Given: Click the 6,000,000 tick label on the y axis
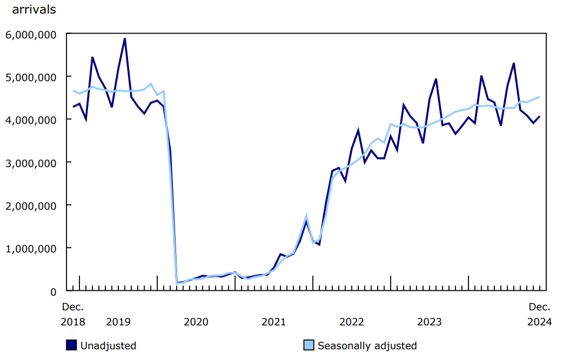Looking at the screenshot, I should pos(32,34).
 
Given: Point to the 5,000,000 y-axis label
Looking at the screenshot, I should pos(32,77).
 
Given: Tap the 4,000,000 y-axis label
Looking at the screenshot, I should pos(32,119).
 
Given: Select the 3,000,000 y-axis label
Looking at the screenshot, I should pos(32,163).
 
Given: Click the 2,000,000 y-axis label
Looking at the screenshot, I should pos(32,205).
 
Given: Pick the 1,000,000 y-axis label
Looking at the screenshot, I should pos(32,248).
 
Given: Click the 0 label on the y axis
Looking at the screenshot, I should pos(53,291).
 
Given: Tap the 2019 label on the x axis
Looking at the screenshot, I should pos(118,322).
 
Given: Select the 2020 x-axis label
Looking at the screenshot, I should pos(196,322).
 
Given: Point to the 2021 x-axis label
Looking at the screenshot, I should pos(273,322).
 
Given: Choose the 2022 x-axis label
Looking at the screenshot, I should pos(352,322).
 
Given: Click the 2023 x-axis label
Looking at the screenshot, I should pos(430,322).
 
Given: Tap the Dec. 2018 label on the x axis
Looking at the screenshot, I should pos(72,315).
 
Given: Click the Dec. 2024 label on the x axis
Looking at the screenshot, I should pos(539,315).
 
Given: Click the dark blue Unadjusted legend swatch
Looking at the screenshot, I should pos(71,345).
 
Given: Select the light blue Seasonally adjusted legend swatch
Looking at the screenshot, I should pos(309,345).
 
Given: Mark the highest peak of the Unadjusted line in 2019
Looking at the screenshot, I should pos(125,39).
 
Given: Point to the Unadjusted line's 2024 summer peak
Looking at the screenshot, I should pos(513,64).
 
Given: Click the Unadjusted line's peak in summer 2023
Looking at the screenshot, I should pos(435,79).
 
